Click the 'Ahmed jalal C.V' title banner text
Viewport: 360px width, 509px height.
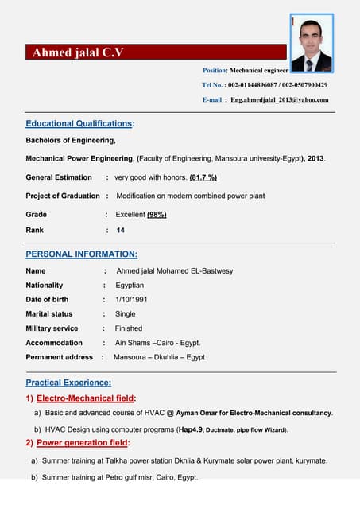(78, 53)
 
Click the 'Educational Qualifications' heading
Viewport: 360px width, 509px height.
(79, 124)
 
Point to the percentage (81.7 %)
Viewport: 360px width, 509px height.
(203, 177)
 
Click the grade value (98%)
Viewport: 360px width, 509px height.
(157, 215)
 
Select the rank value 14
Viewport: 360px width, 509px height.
(121, 230)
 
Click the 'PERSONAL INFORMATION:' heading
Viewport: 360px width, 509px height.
(81, 254)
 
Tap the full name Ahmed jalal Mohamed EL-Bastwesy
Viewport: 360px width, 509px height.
(175, 271)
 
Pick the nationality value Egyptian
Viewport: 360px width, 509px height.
(130, 286)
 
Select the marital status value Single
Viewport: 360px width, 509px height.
(125, 314)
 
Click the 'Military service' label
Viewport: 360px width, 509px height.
(52, 328)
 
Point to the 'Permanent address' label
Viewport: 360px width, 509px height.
(59, 357)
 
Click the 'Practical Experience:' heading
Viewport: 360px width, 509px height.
(68, 383)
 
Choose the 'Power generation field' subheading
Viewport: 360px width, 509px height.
(83, 443)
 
